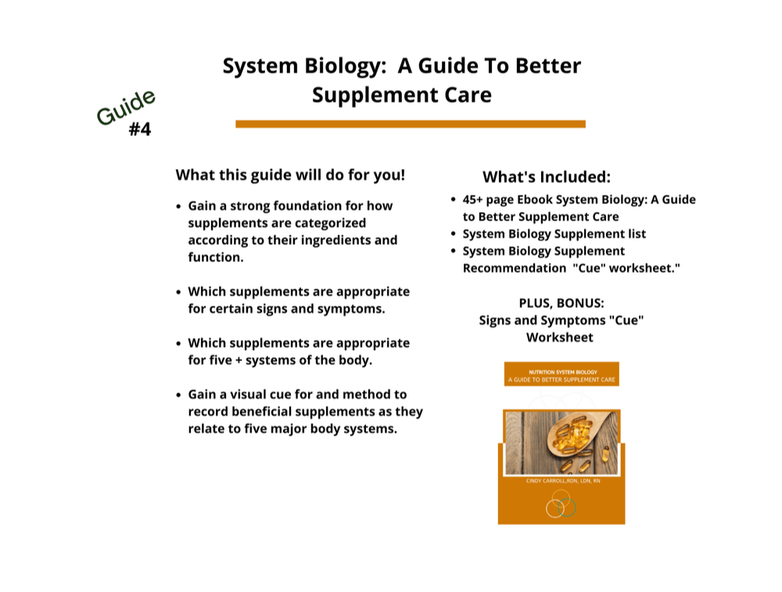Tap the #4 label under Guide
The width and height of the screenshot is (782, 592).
[x=140, y=130]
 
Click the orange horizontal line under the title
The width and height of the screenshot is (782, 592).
[x=411, y=124]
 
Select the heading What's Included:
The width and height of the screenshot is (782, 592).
[x=547, y=177]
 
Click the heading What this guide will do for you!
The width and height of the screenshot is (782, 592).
[x=290, y=175]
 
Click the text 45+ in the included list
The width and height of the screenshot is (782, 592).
[x=472, y=199]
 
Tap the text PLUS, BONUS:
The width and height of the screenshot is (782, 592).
[x=561, y=303]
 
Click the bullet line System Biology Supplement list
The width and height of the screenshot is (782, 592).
[x=554, y=234]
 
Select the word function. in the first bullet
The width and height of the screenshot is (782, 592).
[x=216, y=257]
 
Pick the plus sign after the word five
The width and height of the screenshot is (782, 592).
[x=239, y=361]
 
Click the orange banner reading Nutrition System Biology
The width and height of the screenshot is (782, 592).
[x=561, y=374]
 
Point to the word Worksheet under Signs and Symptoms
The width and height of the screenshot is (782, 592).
[x=560, y=338]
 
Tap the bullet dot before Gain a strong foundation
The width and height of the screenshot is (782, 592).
[x=178, y=206]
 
